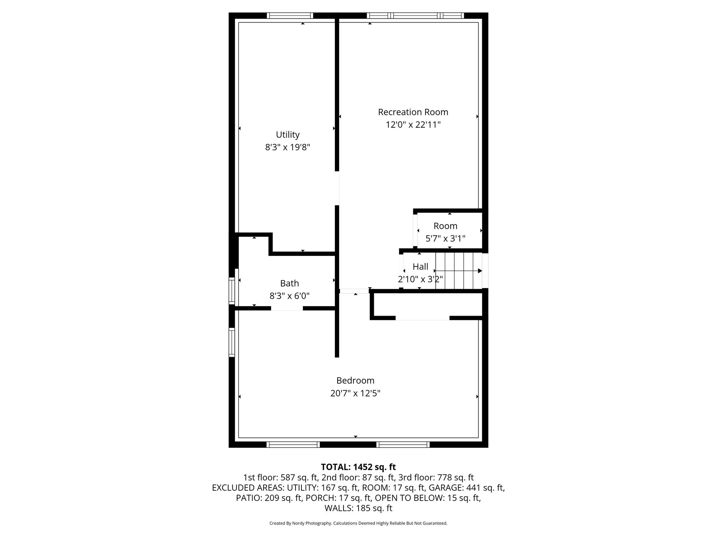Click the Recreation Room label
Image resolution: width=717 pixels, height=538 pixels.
[x=413, y=112]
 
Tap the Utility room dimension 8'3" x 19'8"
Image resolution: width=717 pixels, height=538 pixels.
[x=288, y=147]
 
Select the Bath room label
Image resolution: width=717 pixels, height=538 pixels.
[x=290, y=283]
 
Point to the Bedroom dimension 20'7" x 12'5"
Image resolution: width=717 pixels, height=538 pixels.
[x=355, y=393]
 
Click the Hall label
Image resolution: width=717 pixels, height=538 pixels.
[x=420, y=266]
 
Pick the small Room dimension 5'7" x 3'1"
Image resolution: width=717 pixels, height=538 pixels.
[x=446, y=238]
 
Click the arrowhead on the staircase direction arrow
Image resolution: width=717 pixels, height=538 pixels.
[x=480, y=271]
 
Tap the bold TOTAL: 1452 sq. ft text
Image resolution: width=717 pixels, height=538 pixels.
[x=358, y=467]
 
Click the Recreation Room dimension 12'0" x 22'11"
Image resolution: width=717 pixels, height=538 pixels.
[x=413, y=125]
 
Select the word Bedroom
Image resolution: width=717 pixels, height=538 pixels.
[x=355, y=381]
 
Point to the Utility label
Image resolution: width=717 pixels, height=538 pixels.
[x=288, y=135]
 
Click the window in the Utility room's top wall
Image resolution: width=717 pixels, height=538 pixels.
[x=290, y=16]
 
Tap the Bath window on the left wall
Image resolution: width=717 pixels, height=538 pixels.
[x=232, y=291]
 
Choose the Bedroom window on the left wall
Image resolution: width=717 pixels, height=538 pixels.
[x=232, y=343]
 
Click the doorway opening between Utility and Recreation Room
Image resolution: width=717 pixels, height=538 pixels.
[x=337, y=188]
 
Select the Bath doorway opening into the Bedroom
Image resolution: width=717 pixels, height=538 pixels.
[x=287, y=308]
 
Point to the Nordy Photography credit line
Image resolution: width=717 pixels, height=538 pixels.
[x=358, y=523]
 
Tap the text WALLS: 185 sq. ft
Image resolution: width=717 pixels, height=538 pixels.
[x=358, y=508]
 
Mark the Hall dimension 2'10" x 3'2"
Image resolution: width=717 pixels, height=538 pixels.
[x=420, y=279]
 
